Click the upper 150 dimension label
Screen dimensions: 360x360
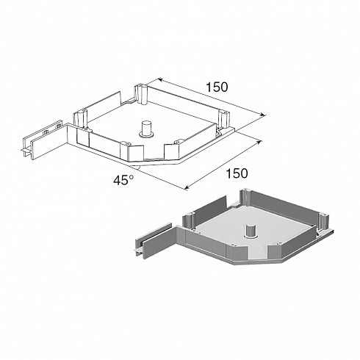pos(217,87)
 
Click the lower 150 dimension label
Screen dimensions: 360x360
pos(237,173)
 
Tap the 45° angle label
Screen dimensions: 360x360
pos(123,180)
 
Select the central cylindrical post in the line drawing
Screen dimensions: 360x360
pos(147,129)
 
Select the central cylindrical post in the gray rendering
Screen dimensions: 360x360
pos(251,231)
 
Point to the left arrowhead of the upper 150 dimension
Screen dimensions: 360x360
pos(160,79)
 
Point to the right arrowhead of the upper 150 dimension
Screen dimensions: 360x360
pos(262,115)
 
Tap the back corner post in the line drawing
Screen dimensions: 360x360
pos(141,95)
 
